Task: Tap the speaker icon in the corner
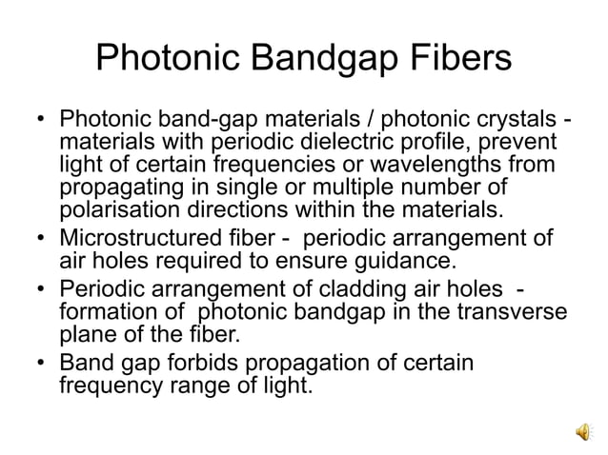[x=582, y=432]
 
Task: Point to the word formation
[x=102, y=311]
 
